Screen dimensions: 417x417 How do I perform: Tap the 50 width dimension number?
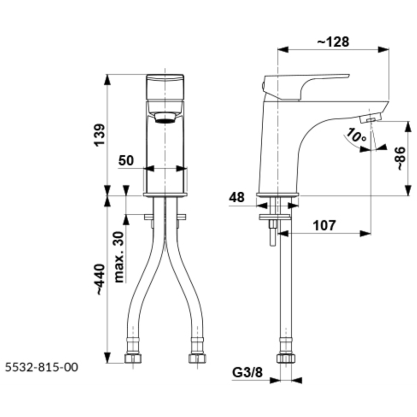(x=126, y=160)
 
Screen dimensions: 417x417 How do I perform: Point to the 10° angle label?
(x=356, y=137)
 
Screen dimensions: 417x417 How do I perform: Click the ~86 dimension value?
(x=400, y=159)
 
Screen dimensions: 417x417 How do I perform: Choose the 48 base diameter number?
(x=237, y=197)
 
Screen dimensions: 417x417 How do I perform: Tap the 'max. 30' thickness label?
(x=119, y=257)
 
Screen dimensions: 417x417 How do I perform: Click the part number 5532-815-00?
(x=41, y=368)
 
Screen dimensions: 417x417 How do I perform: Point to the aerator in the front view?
(x=165, y=118)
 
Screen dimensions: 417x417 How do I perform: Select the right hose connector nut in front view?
(x=196, y=357)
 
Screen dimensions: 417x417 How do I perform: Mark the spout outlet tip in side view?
(x=370, y=118)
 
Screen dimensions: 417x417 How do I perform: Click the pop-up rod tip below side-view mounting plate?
(x=272, y=240)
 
